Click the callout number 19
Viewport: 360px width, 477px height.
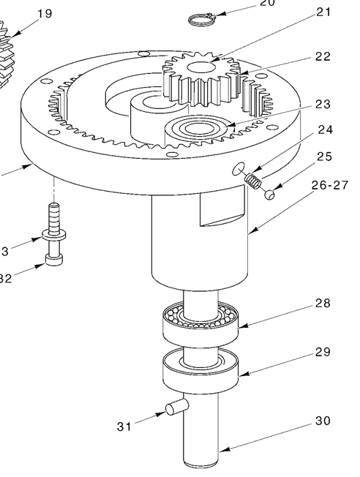point(44,14)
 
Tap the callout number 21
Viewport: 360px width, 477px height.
point(323,12)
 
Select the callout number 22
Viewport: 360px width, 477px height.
point(323,57)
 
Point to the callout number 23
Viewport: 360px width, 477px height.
point(323,104)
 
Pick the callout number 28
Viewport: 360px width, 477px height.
point(323,303)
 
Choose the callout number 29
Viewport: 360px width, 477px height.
point(323,353)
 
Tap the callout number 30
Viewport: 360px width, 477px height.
point(323,421)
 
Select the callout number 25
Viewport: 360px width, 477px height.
point(323,157)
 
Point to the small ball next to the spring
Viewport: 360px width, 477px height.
point(270,194)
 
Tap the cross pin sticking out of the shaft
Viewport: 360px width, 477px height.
point(176,407)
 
